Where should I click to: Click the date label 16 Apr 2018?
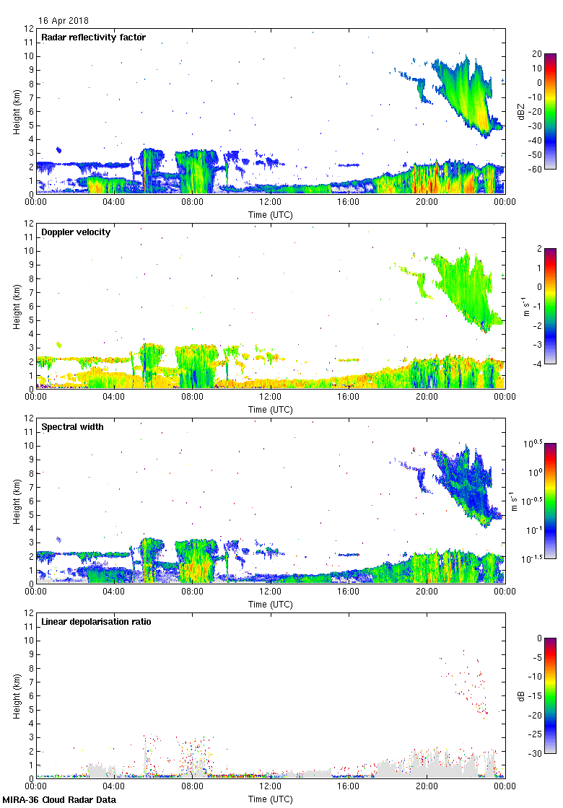[x=64, y=21]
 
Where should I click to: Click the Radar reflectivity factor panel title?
[x=93, y=38]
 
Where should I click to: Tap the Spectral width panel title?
[x=72, y=427]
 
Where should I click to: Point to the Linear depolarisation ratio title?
[x=96, y=622]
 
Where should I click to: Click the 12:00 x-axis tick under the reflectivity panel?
[x=271, y=203]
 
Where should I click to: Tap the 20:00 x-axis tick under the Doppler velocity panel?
[x=427, y=398]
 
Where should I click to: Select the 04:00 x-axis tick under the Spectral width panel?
[x=114, y=592]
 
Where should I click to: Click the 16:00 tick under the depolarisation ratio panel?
[x=349, y=787]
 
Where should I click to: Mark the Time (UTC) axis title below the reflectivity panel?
[x=271, y=214]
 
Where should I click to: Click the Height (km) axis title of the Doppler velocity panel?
[x=17, y=307]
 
